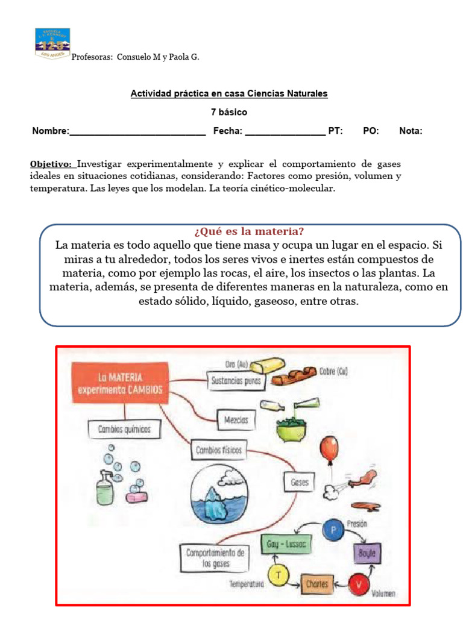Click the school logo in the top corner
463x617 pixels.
click(x=52, y=43)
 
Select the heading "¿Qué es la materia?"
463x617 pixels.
click(x=249, y=232)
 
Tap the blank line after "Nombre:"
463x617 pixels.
click(x=137, y=132)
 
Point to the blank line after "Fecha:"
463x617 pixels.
click(x=285, y=132)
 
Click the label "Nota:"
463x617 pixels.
click(x=411, y=131)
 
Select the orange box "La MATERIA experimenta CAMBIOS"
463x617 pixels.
click(x=119, y=383)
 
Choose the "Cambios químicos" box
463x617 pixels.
click(x=124, y=430)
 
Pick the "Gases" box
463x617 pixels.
click(x=299, y=482)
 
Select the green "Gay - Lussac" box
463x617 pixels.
click(x=286, y=544)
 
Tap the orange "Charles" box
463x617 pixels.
click(x=317, y=583)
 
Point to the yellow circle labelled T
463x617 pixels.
click(x=278, y=575)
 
